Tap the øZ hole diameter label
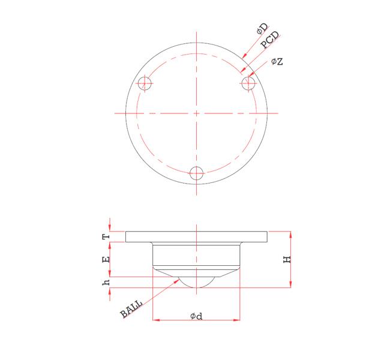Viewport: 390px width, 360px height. pyautogui.click(x=277, y=61)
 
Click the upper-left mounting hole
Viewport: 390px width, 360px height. pyautogui.click(x=144, y=83)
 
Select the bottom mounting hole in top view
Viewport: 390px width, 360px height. pyautogui.click(x=196, y=173)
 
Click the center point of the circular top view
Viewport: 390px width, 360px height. pyautogui.click(x=196, y=113)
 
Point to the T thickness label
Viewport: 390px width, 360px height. pyautogui.click(x=107, y=236)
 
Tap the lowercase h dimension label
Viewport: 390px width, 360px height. pyautogui.click(x=107, y=281)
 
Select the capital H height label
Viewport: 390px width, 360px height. pyautogui.click(x=287, y=259)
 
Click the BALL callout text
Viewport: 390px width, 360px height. pyautogui.click(x=131, y=309)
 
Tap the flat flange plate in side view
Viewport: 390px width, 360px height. pyautogui.click(x=196, y=236)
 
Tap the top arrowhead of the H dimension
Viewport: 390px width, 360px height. pyautogui.click(x=291, y=233)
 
